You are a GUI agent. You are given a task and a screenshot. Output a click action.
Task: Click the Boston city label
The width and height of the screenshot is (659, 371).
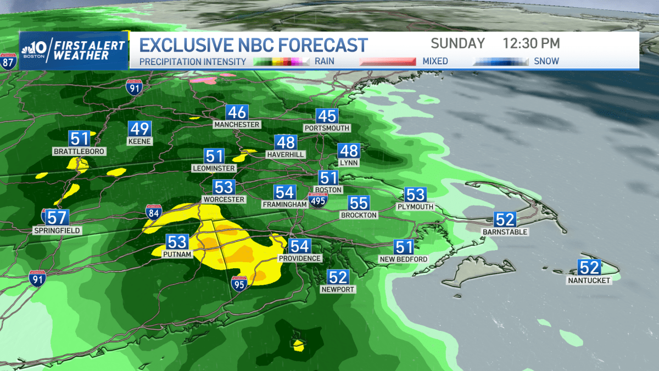pos(328,190)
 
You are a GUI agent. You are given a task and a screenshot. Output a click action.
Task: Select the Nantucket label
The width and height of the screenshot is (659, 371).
pos(589,280)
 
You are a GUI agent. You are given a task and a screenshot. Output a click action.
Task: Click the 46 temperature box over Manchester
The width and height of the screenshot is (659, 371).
pos(237,113)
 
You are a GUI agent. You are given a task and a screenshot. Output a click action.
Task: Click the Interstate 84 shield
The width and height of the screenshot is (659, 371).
pos(154,213)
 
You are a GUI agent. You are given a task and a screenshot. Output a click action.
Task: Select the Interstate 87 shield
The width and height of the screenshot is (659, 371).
pos(8,62)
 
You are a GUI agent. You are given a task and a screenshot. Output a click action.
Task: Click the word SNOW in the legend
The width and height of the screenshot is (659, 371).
pos(546,62)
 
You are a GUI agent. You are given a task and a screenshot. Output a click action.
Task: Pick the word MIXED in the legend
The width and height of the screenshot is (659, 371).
pos(435,62)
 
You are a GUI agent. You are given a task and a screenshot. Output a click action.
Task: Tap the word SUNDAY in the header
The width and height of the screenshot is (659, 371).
pos(457,43)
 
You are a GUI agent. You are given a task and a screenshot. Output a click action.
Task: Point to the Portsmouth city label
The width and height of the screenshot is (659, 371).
pos(326,128)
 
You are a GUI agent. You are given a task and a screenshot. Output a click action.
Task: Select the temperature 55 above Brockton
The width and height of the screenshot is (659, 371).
pos(359,203)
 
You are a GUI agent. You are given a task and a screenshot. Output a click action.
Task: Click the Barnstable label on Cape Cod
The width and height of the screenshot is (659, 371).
pos(504,232)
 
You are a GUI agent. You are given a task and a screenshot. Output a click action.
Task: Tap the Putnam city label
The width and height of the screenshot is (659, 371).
pos(177,254)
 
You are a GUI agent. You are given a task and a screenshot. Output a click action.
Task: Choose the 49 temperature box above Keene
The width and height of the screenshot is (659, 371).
pos(139,129)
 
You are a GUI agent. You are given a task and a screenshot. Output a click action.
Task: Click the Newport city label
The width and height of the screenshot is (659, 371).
pos(338,289)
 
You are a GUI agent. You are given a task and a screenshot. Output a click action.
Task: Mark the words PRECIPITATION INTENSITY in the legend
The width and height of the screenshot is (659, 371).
pos(192,62)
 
